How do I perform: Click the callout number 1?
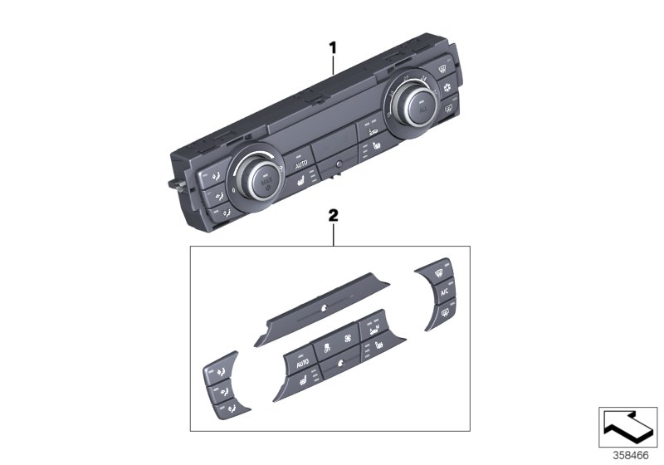click(x=333, y=48)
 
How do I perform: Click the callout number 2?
click(x=333, y=215)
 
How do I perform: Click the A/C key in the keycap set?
click(x=444, y=291)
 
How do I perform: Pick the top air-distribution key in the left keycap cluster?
click(x=218, y=368)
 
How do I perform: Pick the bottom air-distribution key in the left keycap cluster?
click(x=227, y=409)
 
